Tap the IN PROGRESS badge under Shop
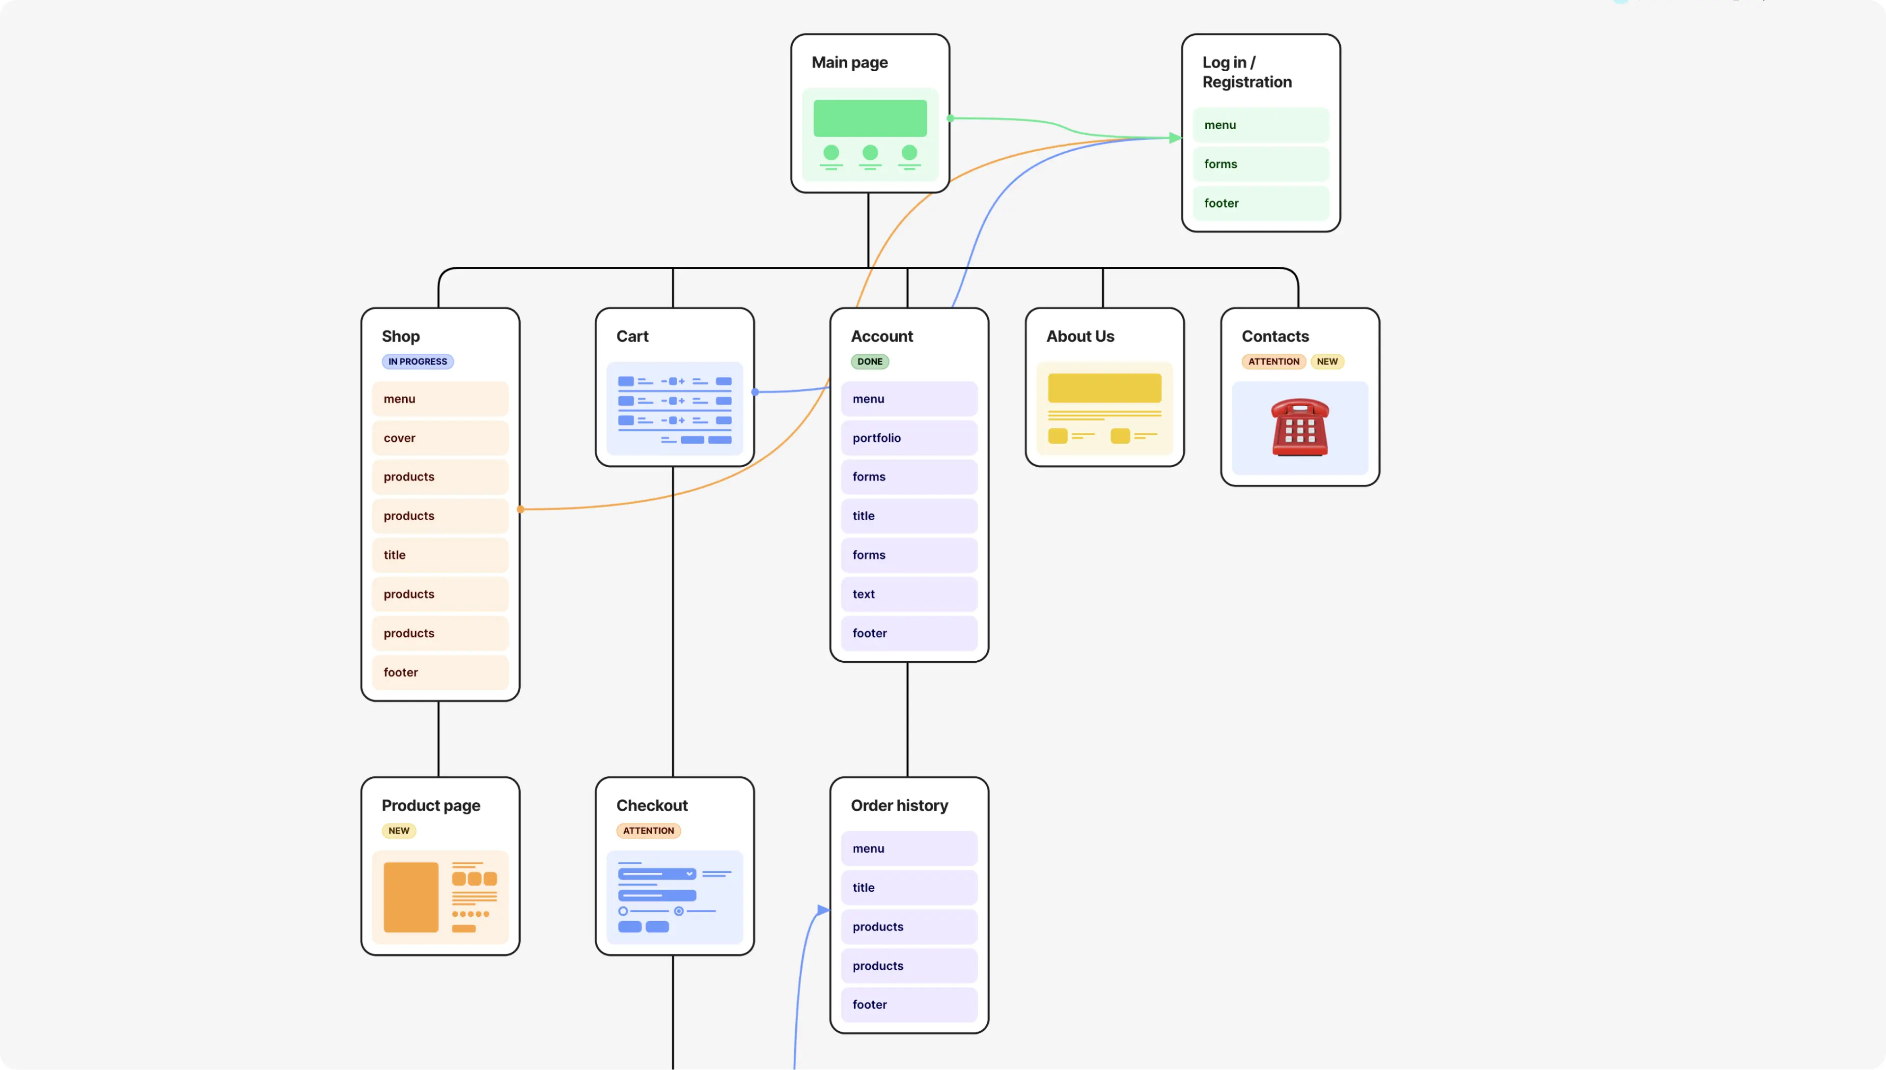pyautogui.click(x=417, y=362)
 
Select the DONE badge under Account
pyautogui.click(x=869, y=362)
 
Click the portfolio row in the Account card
pyautogui.click(x=909, y=438)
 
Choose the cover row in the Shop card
pyautogui.click(x=440, y=438)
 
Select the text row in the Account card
pyautogui.click(x=909, y=594)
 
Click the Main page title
pyautogui.click(x=849, y=62)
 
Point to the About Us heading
pyautogui.click(x=1080, y=337)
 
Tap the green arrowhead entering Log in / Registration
pyautogui.click(x=1175, y=138)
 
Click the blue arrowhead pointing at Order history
pyautogui.click(x=823, y=910)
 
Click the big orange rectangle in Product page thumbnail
pyautogui.click(x=411, y=897)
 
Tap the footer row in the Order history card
pyautogui.click(x=909, y=1005)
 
